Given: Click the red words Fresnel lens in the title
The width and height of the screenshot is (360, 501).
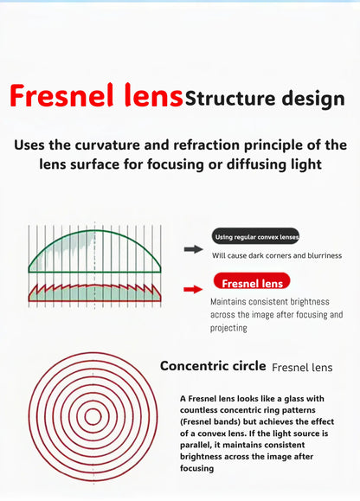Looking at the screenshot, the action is point(96,95).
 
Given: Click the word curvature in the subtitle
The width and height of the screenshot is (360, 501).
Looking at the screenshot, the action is point(107,145).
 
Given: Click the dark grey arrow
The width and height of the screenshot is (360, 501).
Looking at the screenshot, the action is point(194,249).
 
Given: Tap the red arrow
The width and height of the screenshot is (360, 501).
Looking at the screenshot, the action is point(193,290).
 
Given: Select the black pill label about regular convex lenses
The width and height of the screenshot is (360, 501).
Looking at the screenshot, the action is point(255,236).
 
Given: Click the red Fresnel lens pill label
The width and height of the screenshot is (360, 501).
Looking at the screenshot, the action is point(252,281).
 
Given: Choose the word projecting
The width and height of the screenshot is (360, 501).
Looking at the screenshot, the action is point(228,328).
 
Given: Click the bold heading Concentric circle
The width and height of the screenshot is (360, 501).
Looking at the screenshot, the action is point(213,366).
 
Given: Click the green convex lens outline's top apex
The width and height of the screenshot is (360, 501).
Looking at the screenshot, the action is point(95,231).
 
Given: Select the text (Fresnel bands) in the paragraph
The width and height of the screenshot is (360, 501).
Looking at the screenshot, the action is point(210,421).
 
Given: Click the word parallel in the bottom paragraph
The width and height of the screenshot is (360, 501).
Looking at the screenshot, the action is point(194,445).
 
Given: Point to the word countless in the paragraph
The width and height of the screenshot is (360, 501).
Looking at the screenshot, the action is point(199,410).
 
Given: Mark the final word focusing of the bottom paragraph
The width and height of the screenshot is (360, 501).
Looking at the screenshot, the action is point(196,468).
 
